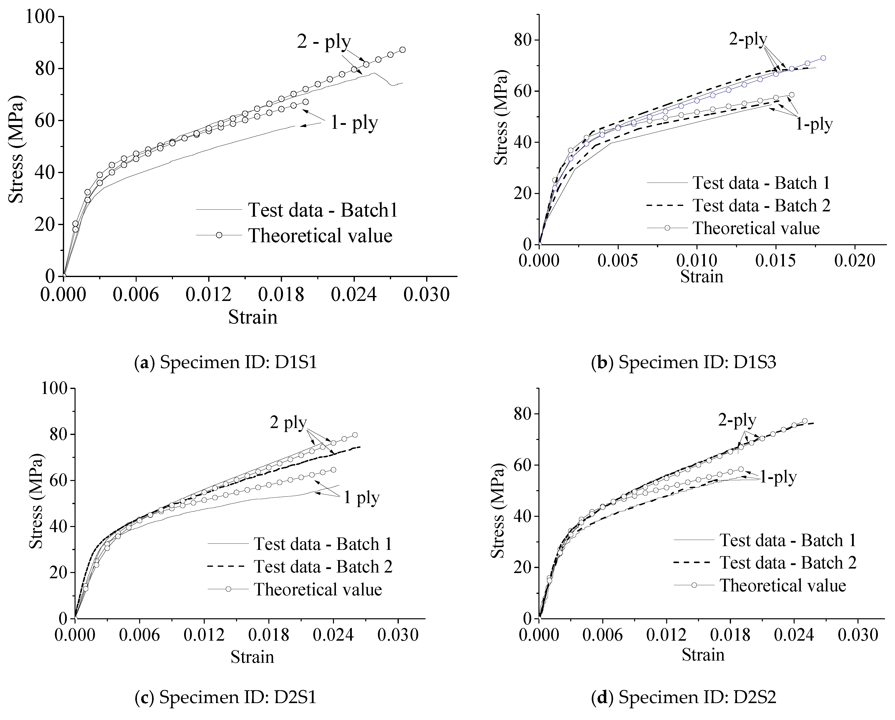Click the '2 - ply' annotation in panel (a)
coord(324,42)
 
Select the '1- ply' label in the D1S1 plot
coord(354,123)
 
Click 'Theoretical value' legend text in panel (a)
coord(320,236)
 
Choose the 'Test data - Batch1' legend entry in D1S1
coord(323,210)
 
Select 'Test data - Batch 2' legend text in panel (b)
coord(761,206)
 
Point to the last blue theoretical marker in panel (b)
coord(823,58)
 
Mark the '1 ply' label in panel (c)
coord(361,498)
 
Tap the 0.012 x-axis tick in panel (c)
coord(204,635)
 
